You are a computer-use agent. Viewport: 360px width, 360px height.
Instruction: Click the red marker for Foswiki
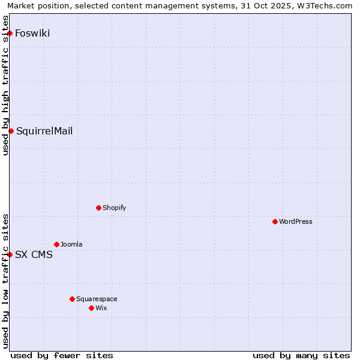[x=10, y=33]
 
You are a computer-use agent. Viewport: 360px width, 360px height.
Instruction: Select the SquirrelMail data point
[x=11, y=131]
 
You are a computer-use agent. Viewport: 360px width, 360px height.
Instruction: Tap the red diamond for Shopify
[x=98, y=208]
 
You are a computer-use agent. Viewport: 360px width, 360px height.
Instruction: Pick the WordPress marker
[x=275, y=221]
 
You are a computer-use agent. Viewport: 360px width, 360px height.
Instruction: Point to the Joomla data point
[x=56, y=244]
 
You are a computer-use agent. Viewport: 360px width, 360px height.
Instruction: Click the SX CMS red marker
[x=10, y=254]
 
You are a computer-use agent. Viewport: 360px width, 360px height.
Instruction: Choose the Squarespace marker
[x=72, y=299]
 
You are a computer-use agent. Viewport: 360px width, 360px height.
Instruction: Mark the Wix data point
[x=91, y=308]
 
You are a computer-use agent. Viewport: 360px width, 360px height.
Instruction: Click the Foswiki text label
[x=32, y=33]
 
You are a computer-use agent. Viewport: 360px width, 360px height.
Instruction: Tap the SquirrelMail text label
[x=44, y=131]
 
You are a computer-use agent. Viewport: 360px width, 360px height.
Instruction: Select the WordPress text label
[x=296, y=221]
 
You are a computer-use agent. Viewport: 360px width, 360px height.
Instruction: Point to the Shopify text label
[x=115, y=208]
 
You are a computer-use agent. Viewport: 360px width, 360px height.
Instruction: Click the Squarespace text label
[x=97, y=299]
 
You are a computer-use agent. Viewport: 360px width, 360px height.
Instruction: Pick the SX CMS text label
[x=34, y=254]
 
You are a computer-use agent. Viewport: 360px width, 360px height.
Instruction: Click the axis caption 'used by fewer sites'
[x=62, y=355]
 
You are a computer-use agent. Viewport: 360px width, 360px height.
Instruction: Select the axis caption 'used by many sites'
[x=301, y=355]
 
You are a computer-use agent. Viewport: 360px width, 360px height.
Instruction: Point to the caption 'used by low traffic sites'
[x=5, y=280]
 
